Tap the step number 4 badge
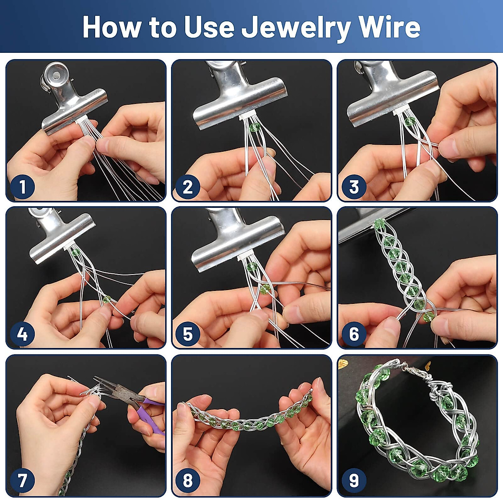click(x=22, y=334)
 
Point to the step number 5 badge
click(x=187, y=334)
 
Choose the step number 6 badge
click(x=353, y=334)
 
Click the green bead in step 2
click(x=254, y=128)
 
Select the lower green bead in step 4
click(x=106, y=299)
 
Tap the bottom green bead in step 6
click(x=428, y=316)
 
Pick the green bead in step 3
click(x=410, y=122)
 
